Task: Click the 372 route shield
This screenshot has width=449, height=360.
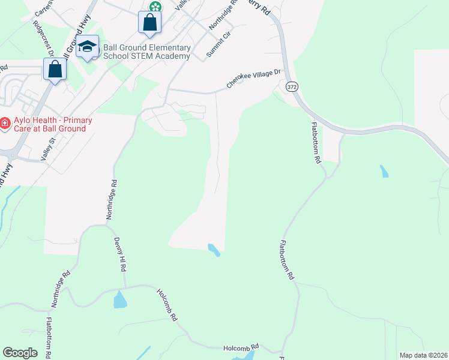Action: point(292,86)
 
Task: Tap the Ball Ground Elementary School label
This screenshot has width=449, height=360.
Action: point(147,52)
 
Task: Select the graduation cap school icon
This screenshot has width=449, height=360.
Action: point(87,47)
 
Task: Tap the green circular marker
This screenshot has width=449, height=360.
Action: point(155,7)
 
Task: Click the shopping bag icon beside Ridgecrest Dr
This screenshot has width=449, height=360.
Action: point(55,70)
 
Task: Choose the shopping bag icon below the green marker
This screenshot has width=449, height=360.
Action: point(149,23)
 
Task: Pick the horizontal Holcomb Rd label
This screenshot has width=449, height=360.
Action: point(241,346)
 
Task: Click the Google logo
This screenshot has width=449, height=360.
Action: point(20,353)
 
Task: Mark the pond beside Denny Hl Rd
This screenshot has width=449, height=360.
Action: point(120,299)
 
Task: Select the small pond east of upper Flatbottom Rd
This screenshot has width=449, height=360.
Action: point(384,171)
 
